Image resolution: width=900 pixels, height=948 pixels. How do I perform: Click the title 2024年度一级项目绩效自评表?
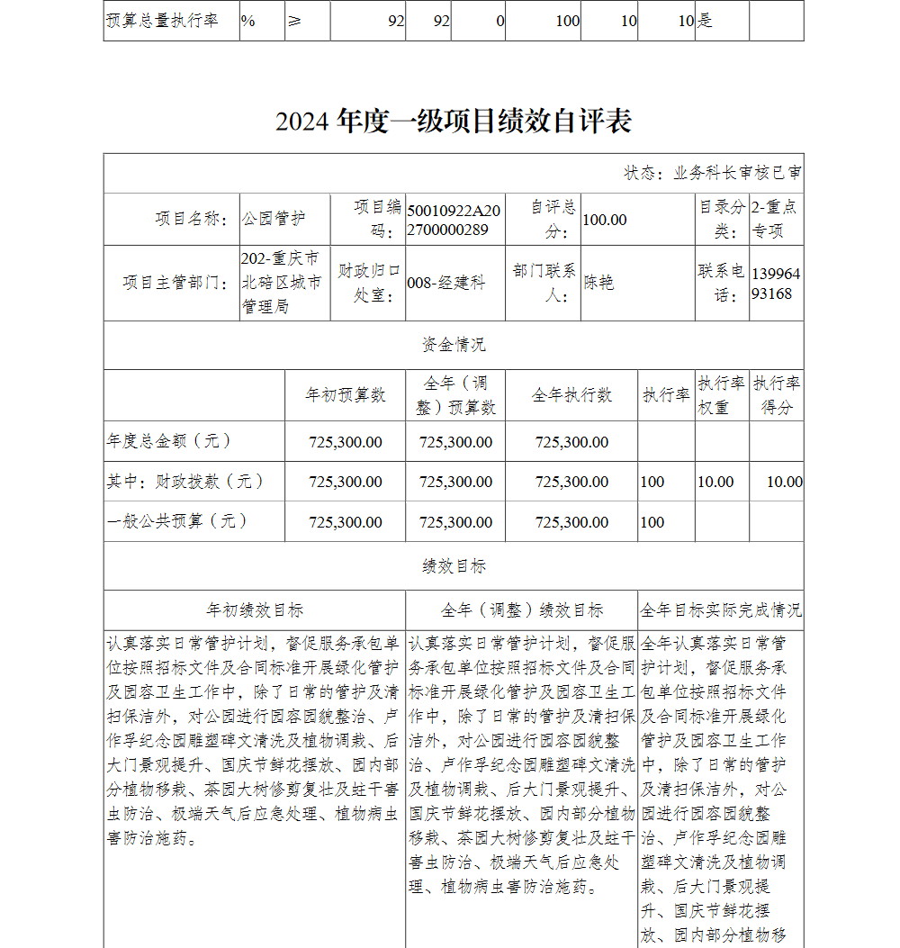coord(454,121)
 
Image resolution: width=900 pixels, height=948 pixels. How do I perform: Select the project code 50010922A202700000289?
coord(454,219)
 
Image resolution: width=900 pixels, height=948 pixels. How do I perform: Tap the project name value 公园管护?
coord(274,219)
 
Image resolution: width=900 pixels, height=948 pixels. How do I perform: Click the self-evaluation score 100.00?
coord(605,220)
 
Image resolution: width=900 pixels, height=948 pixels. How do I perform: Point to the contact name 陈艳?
coord(598,283)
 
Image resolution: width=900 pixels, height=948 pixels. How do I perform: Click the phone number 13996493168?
coord(775,283)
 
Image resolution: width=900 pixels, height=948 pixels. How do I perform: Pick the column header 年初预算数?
coord(346,395)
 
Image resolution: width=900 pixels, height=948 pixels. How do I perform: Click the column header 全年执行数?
coord(571,395)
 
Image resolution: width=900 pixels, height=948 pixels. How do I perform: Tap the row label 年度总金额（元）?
coord(170,441)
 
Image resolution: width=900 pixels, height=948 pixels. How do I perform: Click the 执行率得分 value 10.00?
coord(784,482)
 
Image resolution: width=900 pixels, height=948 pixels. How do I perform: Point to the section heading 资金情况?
coord(454,345)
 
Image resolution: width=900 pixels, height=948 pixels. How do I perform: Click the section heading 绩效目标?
coord(454,566)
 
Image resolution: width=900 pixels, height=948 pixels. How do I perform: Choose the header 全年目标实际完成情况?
coord(721,610)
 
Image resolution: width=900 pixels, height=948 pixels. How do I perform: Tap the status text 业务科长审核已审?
coord(737,173)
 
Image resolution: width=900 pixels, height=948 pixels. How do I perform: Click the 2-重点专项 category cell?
coord(775,219)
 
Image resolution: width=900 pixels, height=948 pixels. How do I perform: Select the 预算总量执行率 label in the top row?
coord(163,20)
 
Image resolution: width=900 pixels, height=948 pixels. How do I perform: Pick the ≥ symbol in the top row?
coord(294,20)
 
